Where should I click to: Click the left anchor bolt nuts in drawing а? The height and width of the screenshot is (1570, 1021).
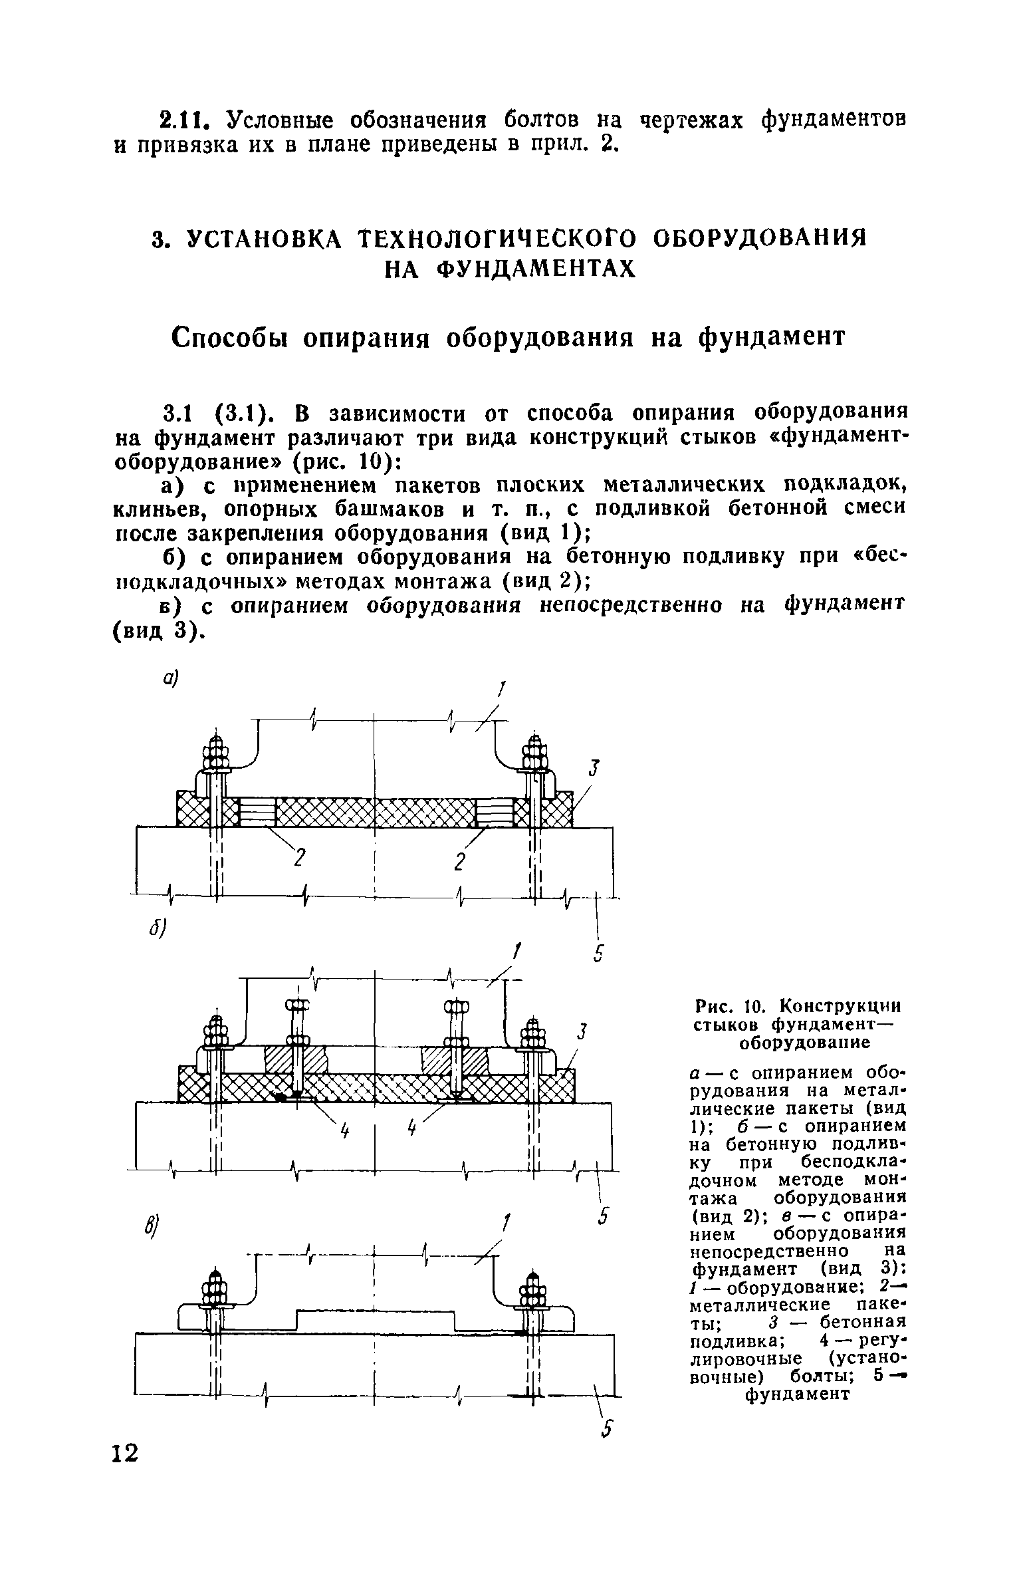click(215, 755)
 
